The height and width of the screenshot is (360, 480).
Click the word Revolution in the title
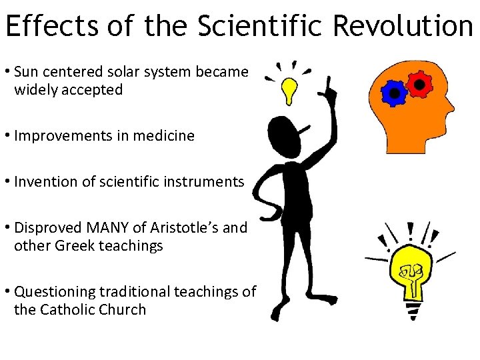click(x=402, y=26)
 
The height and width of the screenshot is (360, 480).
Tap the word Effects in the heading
click(x=50, y=26)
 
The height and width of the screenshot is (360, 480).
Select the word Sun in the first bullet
click(x=27, y=71)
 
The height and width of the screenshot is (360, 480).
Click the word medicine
click(x=162, y=136)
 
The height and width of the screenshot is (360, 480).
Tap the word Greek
click(x=70, y=245)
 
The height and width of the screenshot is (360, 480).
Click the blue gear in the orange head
click(x=395, y=93)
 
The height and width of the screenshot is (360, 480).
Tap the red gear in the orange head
click(x=419, y=83)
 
